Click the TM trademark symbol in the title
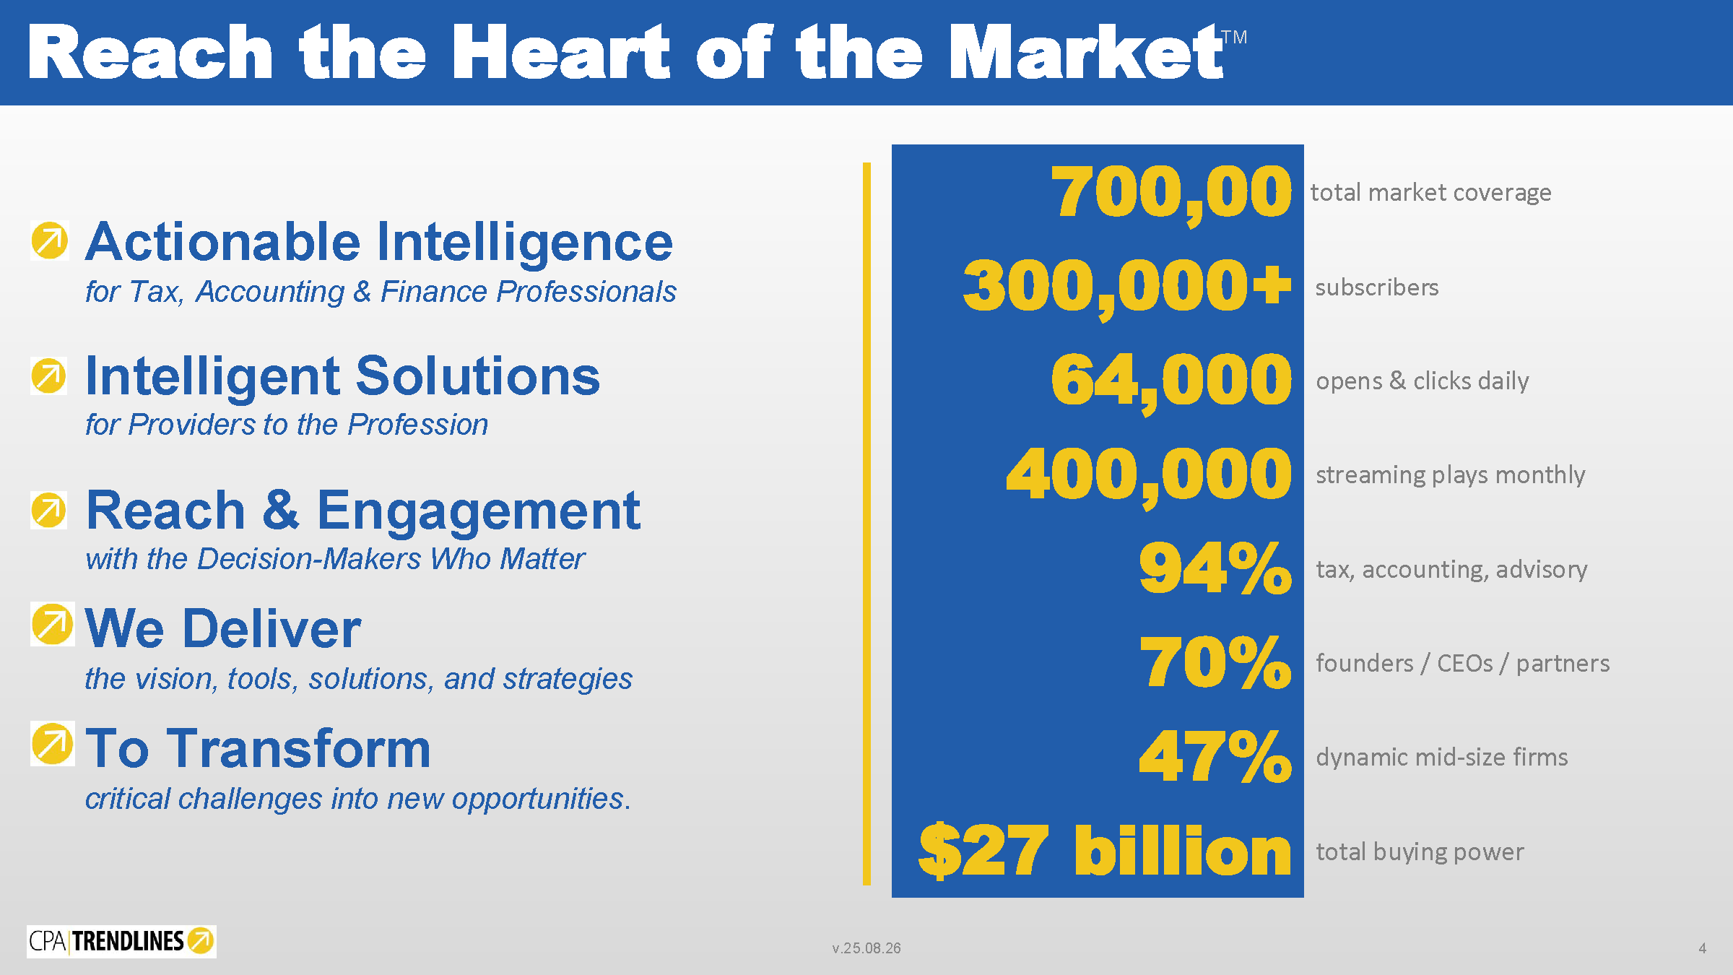[x=1234, y=37]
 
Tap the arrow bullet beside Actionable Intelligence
[x=49, y=240]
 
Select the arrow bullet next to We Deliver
[x=52, y=624]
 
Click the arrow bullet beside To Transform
[x=52, y=744]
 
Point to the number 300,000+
[x=1127, y=287]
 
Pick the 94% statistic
[x=1215, y=568]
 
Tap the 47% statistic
[x=1215, y=756]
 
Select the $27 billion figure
[x=1105, y=851]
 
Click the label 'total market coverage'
[x=1430, y=192]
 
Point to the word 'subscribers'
[x=1377, y=287]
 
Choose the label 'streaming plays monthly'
[x=1451, y=475]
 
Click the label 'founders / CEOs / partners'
[x=1463, y=663]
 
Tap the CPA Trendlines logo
[x=121, y=941]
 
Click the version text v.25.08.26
[x=866, y=948]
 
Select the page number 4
[x=1703, y=948]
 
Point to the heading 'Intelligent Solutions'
[x=343, y=376]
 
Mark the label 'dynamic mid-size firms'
[x=1442, y=757]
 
